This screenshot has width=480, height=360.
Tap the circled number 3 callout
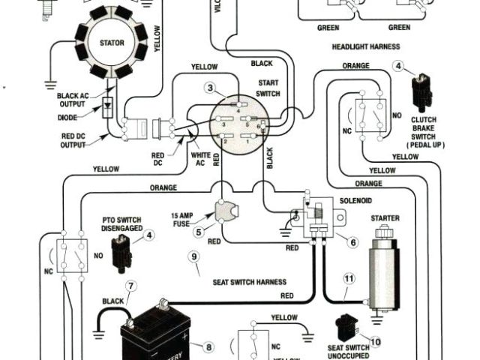pyautogui.click(x=211, y=88)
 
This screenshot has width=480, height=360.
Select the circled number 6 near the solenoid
pyautogui.click(x=352, y=242)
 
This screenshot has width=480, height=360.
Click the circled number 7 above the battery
pyautogui.click(x=130, y=286)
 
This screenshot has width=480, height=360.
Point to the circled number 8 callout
pyautogui.click(x=208, y=346)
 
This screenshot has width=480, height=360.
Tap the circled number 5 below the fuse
pyautogui.click(x=199, y=232)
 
